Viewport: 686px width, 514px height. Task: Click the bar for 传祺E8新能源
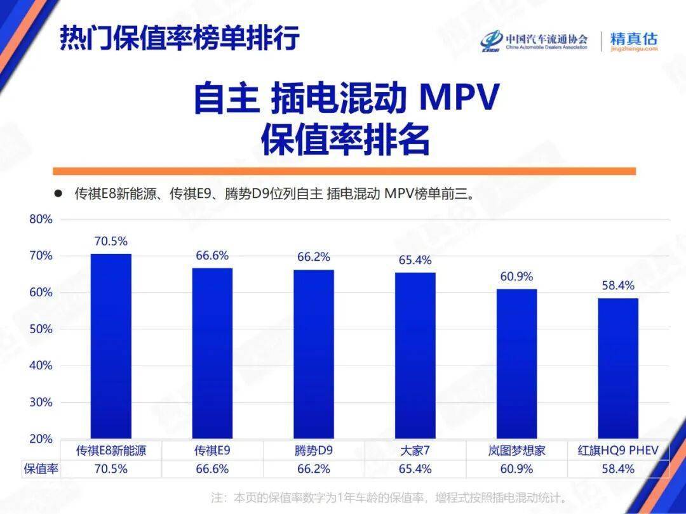click(111, 346)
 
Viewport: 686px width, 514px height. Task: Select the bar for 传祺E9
click(212, 353)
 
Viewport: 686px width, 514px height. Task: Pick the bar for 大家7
click(415, 355)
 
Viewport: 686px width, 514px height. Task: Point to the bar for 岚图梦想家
click(516, 364)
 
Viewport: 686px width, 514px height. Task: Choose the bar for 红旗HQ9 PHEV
click(618, 368)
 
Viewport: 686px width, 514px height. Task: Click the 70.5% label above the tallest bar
click(111, 241)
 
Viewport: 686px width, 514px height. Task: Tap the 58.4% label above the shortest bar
click(618, 286)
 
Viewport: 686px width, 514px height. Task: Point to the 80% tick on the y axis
click(41, 220)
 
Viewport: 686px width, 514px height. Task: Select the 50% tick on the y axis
click(41, 329)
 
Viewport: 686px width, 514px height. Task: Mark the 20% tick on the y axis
click(41, 439)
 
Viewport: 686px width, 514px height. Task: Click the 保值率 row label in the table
click(41, 469)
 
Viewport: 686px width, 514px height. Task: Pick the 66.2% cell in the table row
click(314, 469)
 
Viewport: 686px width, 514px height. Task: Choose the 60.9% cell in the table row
click(516, 469)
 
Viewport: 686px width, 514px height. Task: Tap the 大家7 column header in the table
click(415, 451)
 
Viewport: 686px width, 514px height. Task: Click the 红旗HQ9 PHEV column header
click(618, 451)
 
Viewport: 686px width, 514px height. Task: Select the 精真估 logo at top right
click(633, 41)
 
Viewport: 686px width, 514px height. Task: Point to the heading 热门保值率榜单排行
click(180, 39)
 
